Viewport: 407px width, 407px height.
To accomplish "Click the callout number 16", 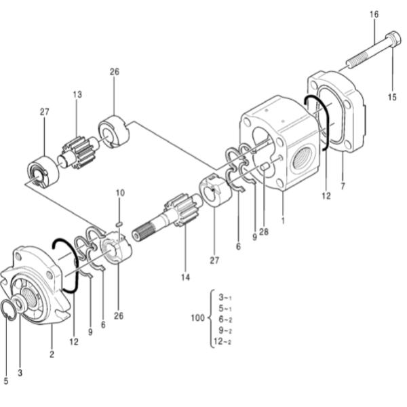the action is click(x=374, y=14).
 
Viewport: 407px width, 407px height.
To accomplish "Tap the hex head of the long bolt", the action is click(x=393, y=39).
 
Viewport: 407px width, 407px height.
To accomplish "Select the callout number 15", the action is click(x=392, y=97).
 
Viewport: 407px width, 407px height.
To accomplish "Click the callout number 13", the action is click(x=77, y=94).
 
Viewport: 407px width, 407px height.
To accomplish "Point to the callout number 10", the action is click(x=120, y=193).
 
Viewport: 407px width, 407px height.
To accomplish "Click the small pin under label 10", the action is click(x=119, y=224).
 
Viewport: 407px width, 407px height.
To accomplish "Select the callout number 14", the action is click(x=185, y=277).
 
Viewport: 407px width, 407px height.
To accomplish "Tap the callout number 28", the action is click(x=264, y=232).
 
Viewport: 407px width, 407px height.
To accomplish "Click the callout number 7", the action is click(x=343, y=186).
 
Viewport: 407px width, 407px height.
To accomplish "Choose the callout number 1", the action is click(x=283, y=220).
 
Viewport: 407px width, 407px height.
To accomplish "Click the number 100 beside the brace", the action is click(x=198, y=317).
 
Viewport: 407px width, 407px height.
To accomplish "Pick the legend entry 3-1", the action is click(x=225, y=298).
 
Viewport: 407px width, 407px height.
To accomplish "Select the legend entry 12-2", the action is click(x=222, y=342).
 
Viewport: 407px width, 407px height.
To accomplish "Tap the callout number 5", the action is click(x=6, y=381).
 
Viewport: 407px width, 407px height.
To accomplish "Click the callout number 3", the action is click(x=20, y=372).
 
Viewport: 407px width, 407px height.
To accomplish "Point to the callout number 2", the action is click(x=52, y=354).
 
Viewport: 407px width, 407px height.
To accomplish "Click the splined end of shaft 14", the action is click(x=142, y=232).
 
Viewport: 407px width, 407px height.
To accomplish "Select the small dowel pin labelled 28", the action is click(x=265, y=166).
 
